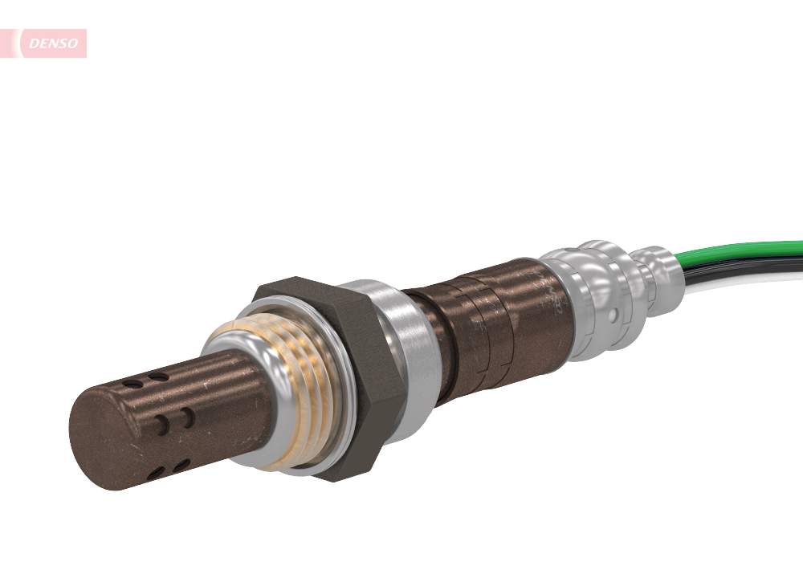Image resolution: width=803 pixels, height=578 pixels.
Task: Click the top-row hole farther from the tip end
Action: pyautogui.click(x=159, y=377)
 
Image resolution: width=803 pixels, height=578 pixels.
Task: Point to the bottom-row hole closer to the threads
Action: pyautogui.click(x=182, y=464)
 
